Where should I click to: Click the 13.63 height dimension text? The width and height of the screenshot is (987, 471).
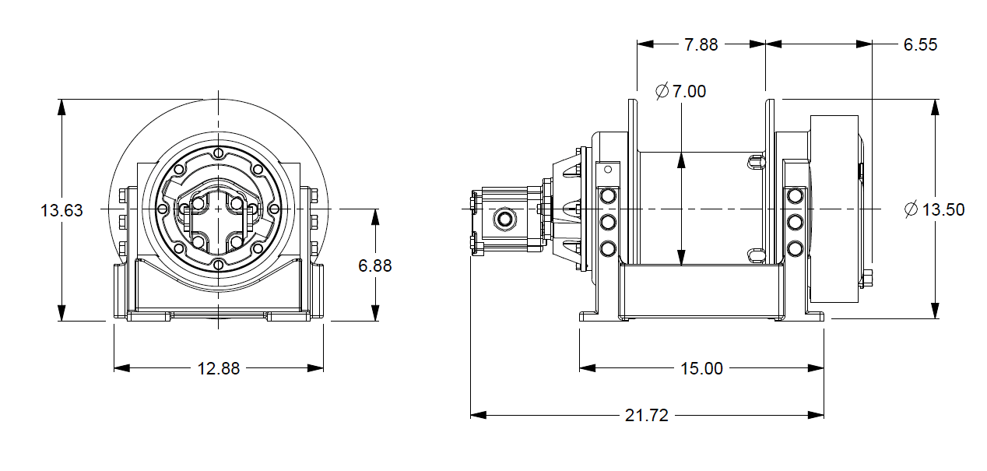pos(61,210)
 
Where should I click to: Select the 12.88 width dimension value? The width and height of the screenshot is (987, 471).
pos(219,368)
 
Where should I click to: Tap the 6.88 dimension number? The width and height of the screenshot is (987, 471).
pos(375,265)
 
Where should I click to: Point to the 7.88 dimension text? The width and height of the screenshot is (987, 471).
pos(701,44)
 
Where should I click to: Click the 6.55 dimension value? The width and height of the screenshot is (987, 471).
pos(920,44)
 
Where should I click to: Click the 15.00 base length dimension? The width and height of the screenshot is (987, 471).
pos(701,368)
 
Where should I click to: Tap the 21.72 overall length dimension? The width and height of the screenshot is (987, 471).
pos(647,416)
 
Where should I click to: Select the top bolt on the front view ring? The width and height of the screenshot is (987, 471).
pos(219,153)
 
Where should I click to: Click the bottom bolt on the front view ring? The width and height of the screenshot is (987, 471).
pos(219,265)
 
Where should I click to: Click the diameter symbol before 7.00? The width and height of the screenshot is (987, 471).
pos(662,92)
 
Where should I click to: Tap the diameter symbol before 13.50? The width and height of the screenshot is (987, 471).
pos(911,209)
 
